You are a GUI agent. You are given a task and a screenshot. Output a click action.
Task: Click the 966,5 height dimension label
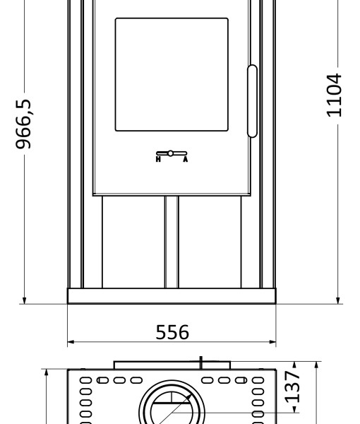coord(23,124)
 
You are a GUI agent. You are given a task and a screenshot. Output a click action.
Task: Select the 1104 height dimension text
coord(335,95)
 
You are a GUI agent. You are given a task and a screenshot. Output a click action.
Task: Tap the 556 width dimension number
coord(172,332)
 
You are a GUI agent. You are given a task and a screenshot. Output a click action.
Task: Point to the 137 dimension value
coord(292,387)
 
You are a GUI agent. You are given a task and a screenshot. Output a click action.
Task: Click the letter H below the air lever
coord(158,159)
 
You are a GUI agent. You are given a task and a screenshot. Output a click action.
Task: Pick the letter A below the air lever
coord(185,159)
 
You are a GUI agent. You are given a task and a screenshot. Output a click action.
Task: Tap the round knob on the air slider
coord(170,153)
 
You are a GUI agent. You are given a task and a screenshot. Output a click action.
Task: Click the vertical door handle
coord(252,101)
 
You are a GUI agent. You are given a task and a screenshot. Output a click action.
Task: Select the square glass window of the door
coord(172,75)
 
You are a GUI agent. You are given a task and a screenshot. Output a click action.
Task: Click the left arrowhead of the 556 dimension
coord(71,342)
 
